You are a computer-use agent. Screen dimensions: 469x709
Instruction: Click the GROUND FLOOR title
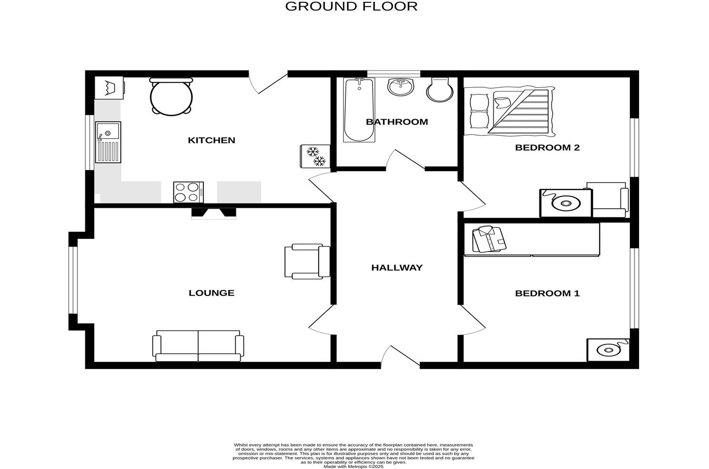click(351, 7)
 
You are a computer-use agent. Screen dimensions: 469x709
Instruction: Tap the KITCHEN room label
click(212, 140)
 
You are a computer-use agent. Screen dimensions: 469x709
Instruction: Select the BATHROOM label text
click(396, 122)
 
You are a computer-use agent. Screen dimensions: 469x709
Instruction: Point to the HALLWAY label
click(396, 268)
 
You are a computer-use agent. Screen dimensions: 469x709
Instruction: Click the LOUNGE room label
click(212, 293)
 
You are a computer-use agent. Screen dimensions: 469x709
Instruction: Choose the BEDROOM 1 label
click(547, 294)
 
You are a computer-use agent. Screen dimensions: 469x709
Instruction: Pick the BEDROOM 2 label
click(547, 148)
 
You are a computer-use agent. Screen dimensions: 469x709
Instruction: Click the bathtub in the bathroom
click(359, 111)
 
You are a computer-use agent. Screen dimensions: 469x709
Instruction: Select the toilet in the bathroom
click(439, 90)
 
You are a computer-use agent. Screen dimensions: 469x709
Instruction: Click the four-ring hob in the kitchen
click(188, 193)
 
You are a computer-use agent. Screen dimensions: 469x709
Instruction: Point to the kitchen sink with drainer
click(108, 142)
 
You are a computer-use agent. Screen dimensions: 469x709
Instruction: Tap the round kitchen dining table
click(171, 97)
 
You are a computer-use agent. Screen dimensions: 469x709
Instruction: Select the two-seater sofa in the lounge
click(198, 346)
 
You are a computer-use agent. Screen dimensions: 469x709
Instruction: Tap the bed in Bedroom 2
click(509, 111)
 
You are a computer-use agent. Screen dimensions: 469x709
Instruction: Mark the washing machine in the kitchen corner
click(109, 88)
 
